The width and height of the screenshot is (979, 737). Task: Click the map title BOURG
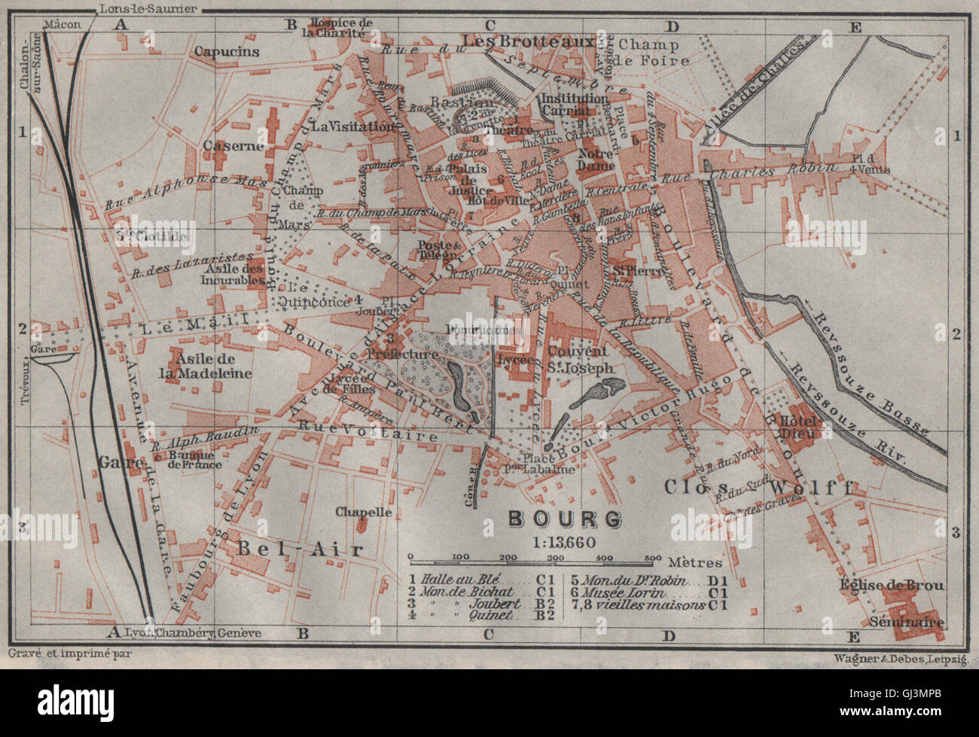click(x=565, y=519)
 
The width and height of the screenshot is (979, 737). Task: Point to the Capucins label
click(x=226, y=52)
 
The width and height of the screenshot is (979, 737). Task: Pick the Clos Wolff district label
click(x=757, y=487)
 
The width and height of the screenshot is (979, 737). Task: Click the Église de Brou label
click(x=894, y=585)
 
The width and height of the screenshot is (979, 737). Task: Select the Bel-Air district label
click(x=300, y=549)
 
